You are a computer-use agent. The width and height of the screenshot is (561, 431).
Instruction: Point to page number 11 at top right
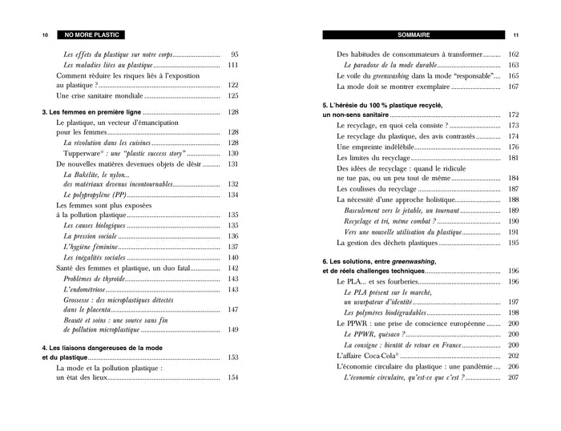(516, 35)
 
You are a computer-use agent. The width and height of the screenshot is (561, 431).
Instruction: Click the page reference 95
(234, 54)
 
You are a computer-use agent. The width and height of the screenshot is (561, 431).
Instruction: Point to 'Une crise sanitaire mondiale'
(105, 95)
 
